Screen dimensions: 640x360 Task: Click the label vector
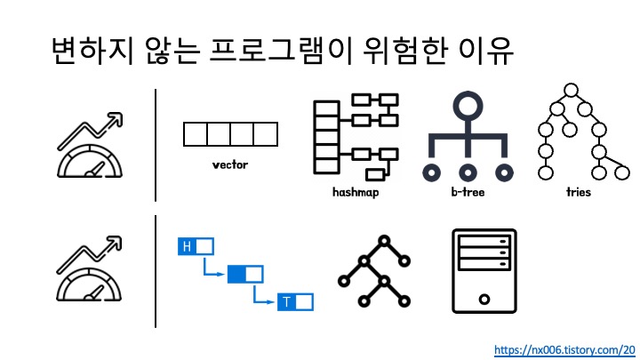pos(230,164)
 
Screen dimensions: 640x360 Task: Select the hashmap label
pos(356,191)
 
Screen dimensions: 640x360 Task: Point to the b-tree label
pos(468,191)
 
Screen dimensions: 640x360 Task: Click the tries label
pos(578,191)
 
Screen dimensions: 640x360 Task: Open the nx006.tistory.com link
pos(564,349)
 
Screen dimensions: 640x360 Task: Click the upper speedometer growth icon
pos(90,145)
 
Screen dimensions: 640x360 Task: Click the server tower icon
pos(484,270)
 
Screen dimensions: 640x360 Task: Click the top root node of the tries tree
pos(568,90)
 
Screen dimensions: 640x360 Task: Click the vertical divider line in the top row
pos(156,145)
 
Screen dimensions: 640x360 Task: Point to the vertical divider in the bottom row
pos(156,271)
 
